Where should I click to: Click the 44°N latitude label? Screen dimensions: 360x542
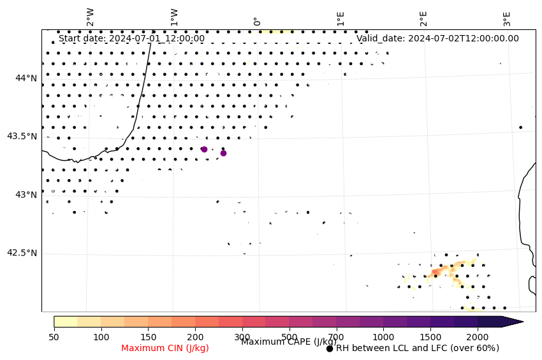point(26,78)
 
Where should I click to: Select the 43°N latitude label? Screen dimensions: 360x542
point(26,194)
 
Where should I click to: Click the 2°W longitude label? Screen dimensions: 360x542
point(91,17)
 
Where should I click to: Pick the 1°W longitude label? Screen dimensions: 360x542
point(173,17)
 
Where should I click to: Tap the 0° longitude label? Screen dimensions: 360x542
point(256,21)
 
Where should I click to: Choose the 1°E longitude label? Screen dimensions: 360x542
point(341,18)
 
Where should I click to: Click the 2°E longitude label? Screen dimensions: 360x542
point(423,18)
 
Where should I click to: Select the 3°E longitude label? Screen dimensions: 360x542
point(507,18)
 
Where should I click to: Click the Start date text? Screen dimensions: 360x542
point(131,38)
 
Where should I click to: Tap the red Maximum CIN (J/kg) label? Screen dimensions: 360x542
point(165,348)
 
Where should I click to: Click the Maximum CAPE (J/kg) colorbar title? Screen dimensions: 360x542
point(288,342)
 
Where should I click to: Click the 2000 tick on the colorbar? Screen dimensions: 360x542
point(478,336)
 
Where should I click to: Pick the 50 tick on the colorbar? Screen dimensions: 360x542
point(54,336)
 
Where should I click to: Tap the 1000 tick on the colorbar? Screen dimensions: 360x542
point(383,336)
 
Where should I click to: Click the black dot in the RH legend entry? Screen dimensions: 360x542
point(330,349)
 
